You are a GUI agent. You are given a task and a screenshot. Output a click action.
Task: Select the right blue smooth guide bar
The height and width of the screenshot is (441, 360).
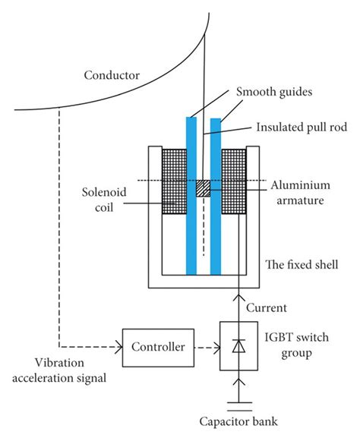coord(216,197)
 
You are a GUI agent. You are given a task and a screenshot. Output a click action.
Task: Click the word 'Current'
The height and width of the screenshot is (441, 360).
coord(267,308)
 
